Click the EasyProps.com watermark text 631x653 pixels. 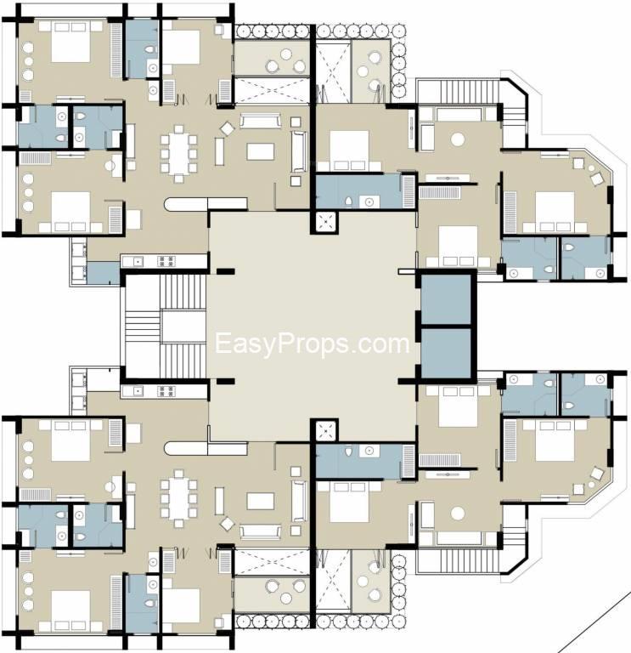coord(312,344)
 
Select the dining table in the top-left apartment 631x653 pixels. coord(178,153)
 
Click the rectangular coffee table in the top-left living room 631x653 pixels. coord(261,151)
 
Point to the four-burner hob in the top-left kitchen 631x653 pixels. coord(166,261)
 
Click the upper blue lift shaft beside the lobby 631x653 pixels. coord(446,298)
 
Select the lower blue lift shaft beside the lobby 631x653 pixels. coord(446,354)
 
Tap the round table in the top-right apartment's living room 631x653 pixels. coord(459,139)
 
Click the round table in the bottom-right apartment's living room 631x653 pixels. coord(459,514)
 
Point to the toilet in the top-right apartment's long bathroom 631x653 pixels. coord(348,201)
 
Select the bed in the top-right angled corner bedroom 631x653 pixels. coord(554,207)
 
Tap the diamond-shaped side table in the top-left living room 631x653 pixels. coord(228,128)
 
